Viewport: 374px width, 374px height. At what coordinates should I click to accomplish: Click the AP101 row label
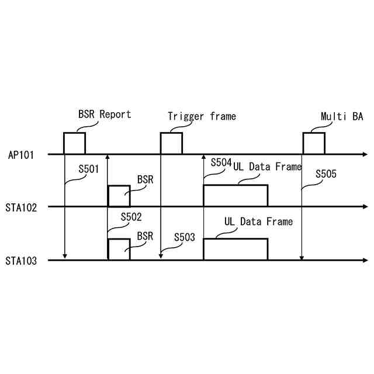coord(21,155)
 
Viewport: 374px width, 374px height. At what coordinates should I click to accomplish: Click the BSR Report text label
coord(105,114)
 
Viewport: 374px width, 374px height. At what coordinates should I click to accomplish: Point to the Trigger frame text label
coord(202,116)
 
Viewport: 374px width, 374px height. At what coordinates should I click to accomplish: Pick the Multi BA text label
coord(342,116)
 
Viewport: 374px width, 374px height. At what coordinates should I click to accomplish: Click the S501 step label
coord(89,169)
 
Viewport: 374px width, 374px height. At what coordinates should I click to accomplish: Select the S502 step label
coord(132,217)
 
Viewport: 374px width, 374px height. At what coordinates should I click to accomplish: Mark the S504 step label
coord(221,162)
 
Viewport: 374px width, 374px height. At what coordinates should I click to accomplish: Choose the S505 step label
coord(326,173)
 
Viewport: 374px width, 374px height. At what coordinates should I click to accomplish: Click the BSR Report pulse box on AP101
coord(74,143)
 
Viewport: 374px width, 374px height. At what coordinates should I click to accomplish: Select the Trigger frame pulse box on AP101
coord(171,143)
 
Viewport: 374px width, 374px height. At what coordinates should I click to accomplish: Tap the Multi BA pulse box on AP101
coord(313,143)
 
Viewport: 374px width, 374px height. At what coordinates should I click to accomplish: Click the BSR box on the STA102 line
coord(119,196)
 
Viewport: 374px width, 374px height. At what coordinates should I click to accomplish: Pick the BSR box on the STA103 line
coord(119,249)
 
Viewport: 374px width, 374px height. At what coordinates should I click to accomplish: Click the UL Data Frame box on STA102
coord(235,195)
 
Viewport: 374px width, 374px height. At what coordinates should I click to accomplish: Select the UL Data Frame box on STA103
coord(235,249)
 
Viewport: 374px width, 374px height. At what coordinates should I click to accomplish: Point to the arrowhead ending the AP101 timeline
coord(365,154)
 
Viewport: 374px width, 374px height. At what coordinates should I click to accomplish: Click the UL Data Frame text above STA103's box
coord(258,222)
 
